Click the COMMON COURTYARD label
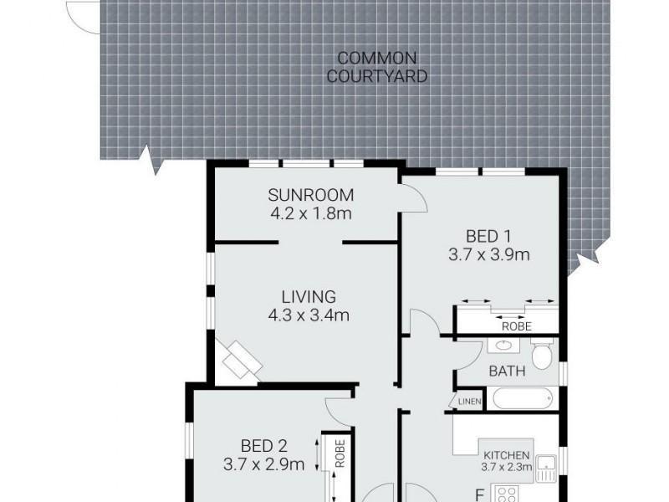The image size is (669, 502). [377, 67]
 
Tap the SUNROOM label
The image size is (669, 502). [305, 196]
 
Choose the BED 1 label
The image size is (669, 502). [489, 237]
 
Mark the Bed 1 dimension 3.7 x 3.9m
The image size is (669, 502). [489, 255]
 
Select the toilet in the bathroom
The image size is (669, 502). [544, 355]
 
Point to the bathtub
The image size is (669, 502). [523, 397]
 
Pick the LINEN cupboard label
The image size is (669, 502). [470, 402]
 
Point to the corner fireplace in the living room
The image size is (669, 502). [240, 361]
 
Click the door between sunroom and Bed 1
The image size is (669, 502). [412, 199]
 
